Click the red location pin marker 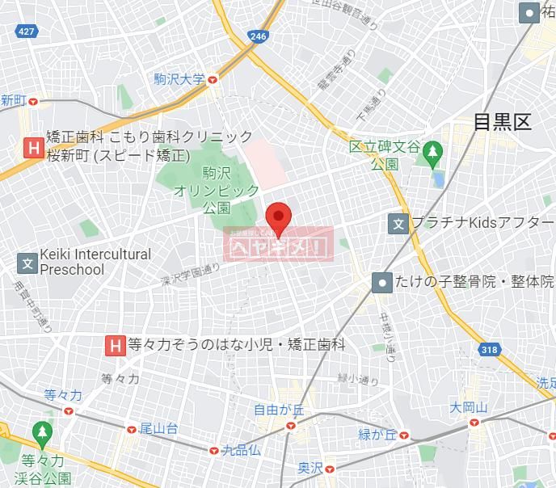(278, 216)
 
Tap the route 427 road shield (27, 31)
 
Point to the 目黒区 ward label (502, 122)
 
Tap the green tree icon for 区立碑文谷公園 (432, 151)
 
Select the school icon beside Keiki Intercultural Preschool (27, 263)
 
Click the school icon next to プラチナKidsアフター (398, 222)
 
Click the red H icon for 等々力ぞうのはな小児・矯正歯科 (115, 346)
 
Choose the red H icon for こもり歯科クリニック (33, 147)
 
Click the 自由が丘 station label (278, 410)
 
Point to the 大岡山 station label (469, 407)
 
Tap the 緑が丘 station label (379, 435)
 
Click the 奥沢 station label (310, 468)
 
